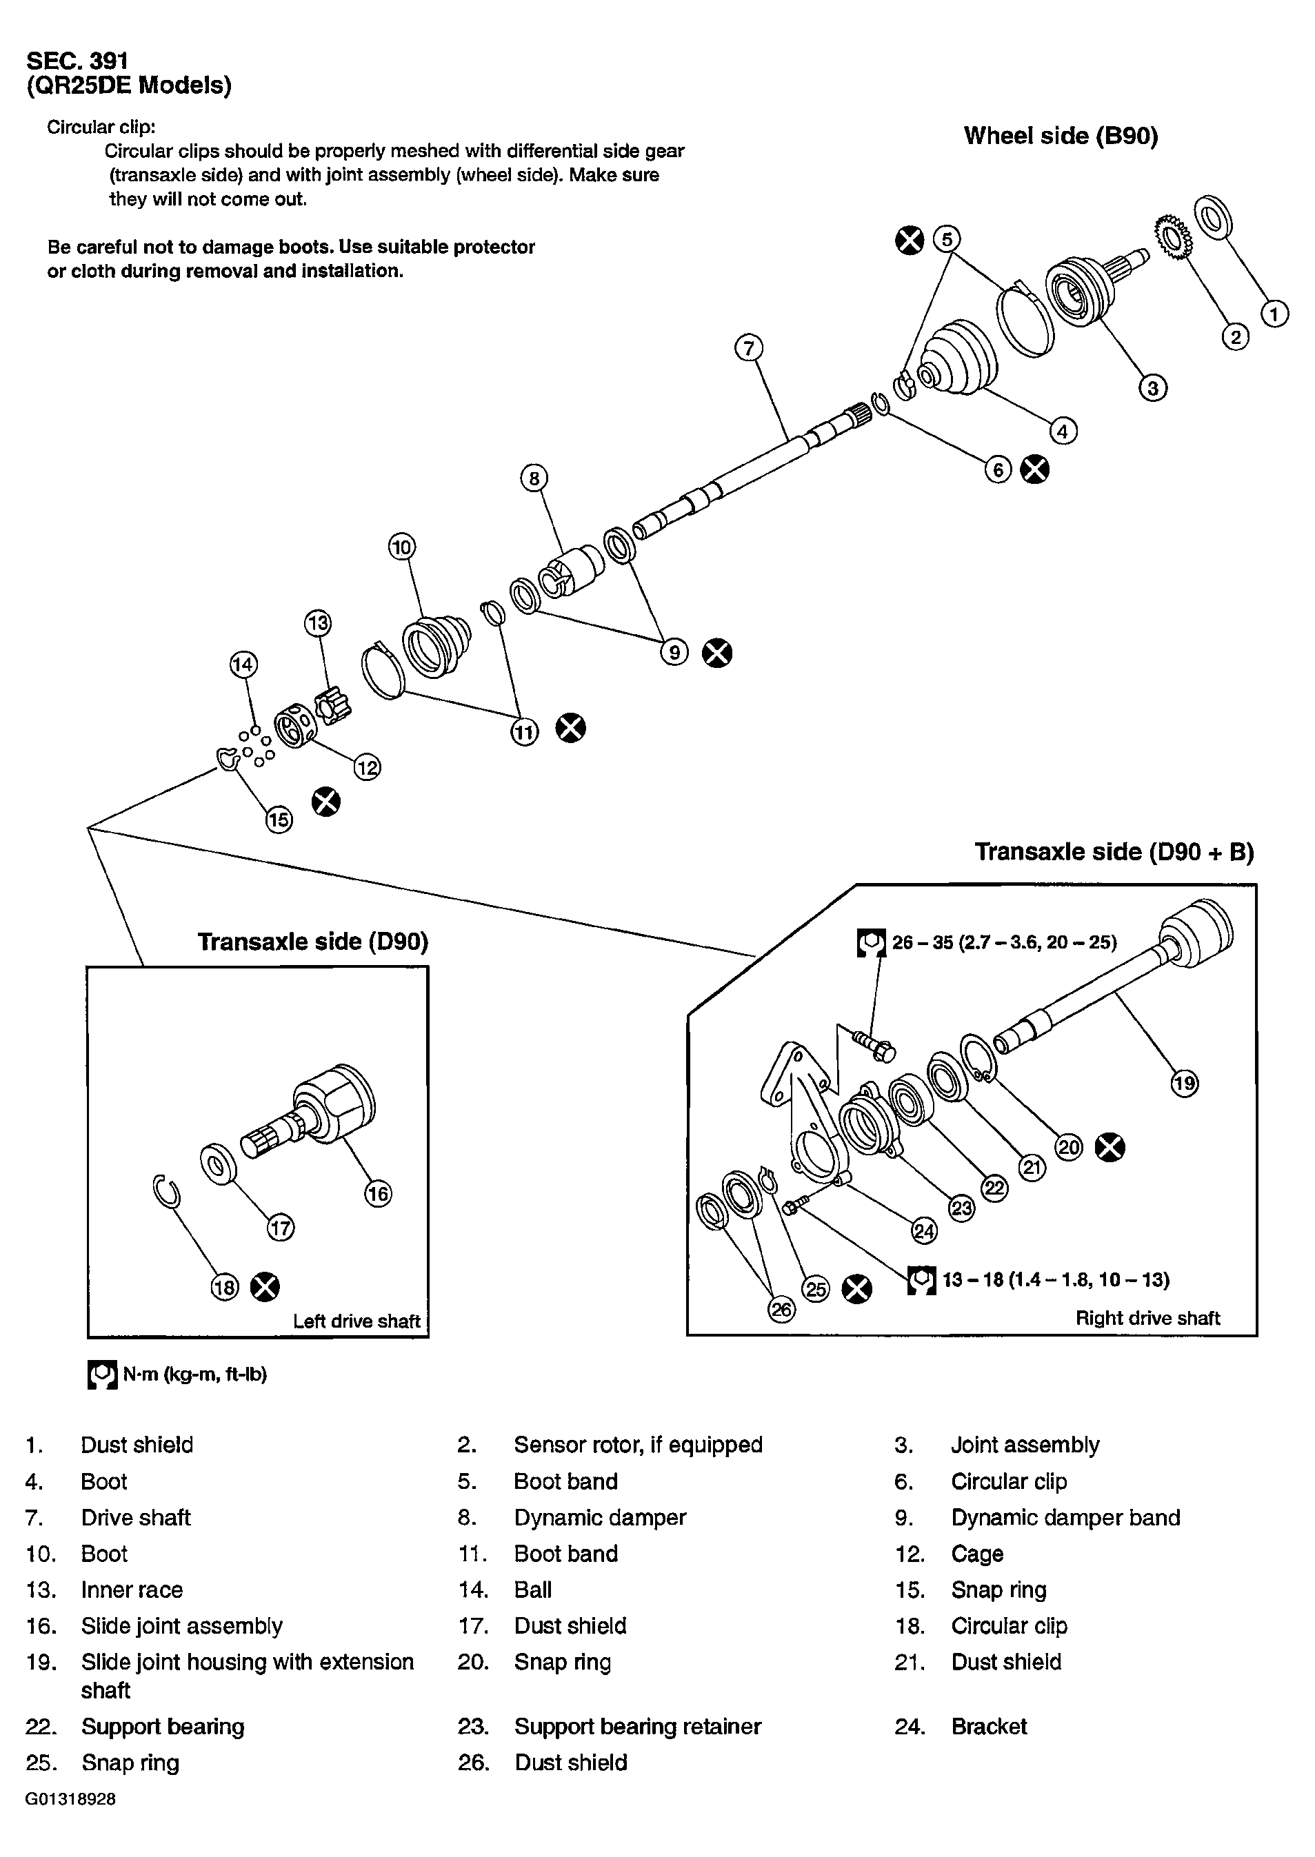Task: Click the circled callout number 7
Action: pos(749,349)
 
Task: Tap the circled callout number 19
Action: pos(1185,1083)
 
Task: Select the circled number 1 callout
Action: pos(1274,313)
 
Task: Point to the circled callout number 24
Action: pos(924,1231)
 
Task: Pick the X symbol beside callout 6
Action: pos(1034,469)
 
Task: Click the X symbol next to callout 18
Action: pos(264,1286)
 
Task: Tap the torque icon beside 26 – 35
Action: pos(872,942)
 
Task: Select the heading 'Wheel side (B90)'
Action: pos(1061,135)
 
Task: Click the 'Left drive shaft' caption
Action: pos(357,1321)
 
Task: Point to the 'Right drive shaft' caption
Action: pos(1147,1318)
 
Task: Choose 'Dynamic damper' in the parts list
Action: pos(600,1517)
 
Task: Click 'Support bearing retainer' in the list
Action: pos(637,1727)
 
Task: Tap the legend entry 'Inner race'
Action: pos(131,1589)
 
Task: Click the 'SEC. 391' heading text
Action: pos(77,61)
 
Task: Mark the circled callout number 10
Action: pos(401,547)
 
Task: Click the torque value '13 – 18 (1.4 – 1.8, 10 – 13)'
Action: pos(1056,1279)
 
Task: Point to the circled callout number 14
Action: pos(243,664)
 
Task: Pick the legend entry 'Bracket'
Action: pos(989,1727)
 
